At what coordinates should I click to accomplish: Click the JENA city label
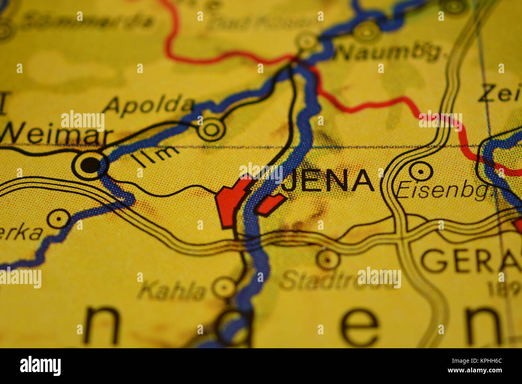pos(327,180)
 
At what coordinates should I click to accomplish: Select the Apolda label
pos(149,105)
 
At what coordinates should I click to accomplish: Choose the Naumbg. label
pos(387,52)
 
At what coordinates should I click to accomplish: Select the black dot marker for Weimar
pos(90,165)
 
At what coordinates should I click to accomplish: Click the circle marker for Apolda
pos(211,129)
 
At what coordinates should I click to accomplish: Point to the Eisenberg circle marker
pos(420,172)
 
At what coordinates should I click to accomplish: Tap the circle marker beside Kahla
pos(224,287)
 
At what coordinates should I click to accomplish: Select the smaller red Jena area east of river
pos(270,204)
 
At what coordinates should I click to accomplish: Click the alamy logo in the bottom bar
pos(40,366)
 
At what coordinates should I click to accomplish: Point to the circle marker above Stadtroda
pos(328,259)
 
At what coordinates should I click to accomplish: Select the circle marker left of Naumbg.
pos(307,41)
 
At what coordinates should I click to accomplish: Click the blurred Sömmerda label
pos(86,21)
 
